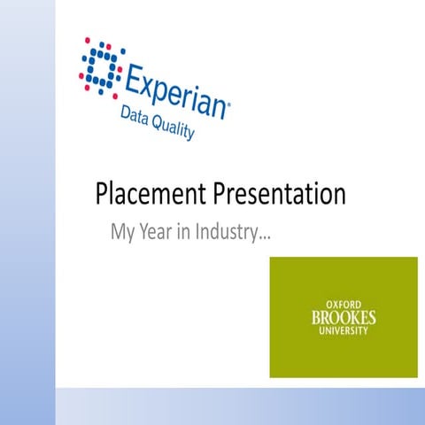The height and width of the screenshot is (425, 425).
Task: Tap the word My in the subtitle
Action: click(121, 234)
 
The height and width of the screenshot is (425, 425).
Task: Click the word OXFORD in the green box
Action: click(344, 304)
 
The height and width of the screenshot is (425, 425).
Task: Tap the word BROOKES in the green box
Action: click(344, 317)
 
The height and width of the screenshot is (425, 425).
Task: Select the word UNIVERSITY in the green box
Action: click(344, 331)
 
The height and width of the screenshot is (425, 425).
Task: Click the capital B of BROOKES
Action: click(316, 317)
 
